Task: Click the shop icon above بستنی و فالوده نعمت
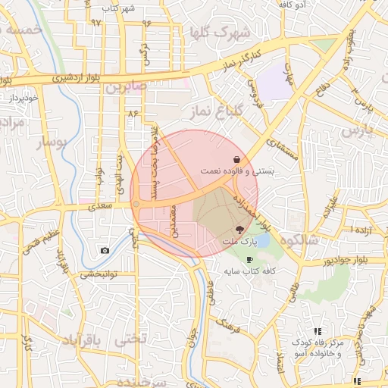pyautogui.click(x=239, y=160)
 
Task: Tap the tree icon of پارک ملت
pyautogui.click(x=239, y=230)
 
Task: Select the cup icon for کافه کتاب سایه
pyautogui.click(x=250, y=259)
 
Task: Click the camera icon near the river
pyautogui.click(x=105, y=250)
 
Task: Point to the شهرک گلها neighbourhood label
pyautogui.click(x=221, y=33)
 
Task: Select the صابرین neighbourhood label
pyautogui.click(x=124, y=89)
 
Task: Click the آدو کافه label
pyautogui.click(x=292, y=5)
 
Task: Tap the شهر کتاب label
pyautogui.click(x=120, y=8)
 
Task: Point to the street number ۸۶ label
pyautogui.click(x=134, y=113)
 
